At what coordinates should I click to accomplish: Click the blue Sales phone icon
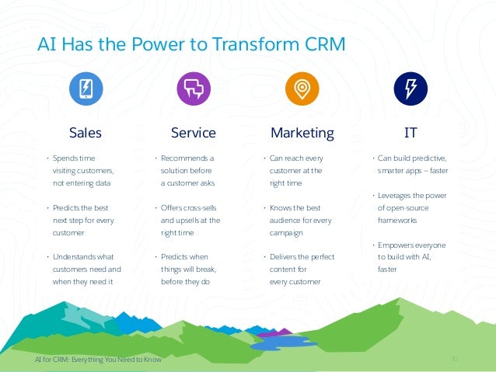pyautogui.click(x=86, y=89)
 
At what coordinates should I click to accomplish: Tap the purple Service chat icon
pyautogui.click(x=193, y=89)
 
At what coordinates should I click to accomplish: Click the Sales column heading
pyautogui.click(x=86, y=133)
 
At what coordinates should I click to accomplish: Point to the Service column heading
pyautogui.click(x=193, y=133)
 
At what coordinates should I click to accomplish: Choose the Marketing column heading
pyautogui.click(x=302, y=133)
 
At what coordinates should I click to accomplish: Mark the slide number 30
pyautogui.click(x=455, y=360)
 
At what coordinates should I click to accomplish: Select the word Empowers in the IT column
pyautogui.click(x=396, y=245)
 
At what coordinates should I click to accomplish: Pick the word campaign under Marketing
pyautogui.click(x=285, y=232)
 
